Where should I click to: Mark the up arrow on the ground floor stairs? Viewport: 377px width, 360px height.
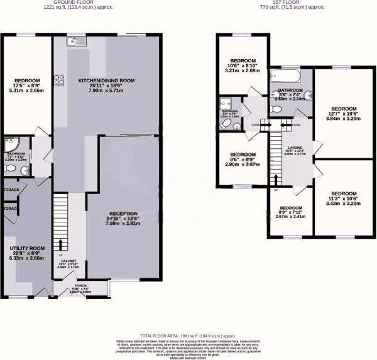pos(61,244)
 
